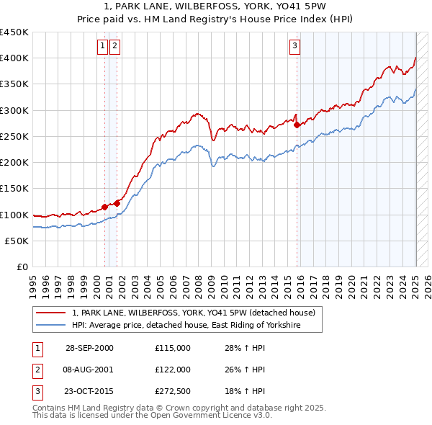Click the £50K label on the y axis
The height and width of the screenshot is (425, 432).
point(17,241)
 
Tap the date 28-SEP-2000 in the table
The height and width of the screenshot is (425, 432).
point(89,348)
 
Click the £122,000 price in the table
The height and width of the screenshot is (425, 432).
point(173,369)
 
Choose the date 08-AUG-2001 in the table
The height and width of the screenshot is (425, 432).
point(89,369)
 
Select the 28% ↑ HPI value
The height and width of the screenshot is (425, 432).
point(245,348)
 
